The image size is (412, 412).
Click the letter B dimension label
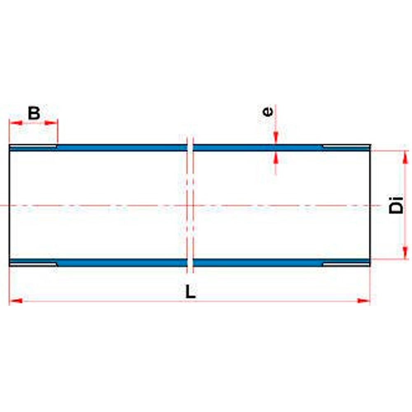pos(34,113)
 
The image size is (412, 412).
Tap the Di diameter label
pos(396,205)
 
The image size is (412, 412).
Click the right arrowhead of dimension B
pos(50,123)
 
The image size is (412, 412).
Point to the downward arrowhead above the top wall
pos(276,137)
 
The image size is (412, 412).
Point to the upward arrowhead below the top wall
pos(276,158)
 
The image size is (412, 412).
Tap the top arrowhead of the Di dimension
pos(405,158)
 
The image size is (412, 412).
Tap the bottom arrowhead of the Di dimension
pos(405,253)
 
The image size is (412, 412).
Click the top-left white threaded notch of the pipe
pos(33,146)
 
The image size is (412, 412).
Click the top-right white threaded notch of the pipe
pos(346,146)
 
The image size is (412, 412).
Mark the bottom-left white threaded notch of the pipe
pos(33,264)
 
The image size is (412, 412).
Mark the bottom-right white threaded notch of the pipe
pos(346,264)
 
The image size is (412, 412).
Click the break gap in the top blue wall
pos(190,147)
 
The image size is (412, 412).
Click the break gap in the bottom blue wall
pos(190,262)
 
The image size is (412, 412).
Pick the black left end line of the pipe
pos(9,205)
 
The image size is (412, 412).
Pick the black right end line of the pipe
pos(370,205)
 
